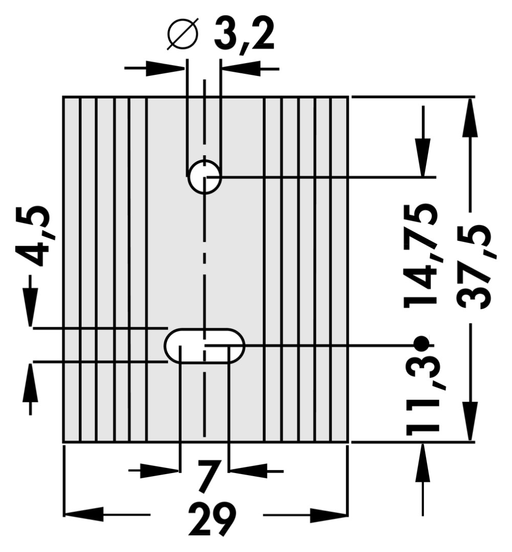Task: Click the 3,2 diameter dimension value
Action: coord(244,36)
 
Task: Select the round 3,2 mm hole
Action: coord(204,177)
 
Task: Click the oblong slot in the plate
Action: coord(204,345)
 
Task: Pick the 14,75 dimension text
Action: coord(421,256)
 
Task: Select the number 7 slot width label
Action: coord(208,476)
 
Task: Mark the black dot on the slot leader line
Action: coord(421,343)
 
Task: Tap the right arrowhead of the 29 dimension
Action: coord(329,515)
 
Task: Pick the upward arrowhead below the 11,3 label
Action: coord(423,462)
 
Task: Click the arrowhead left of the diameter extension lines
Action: coord(165,68)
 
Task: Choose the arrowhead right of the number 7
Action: coord(248,471)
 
